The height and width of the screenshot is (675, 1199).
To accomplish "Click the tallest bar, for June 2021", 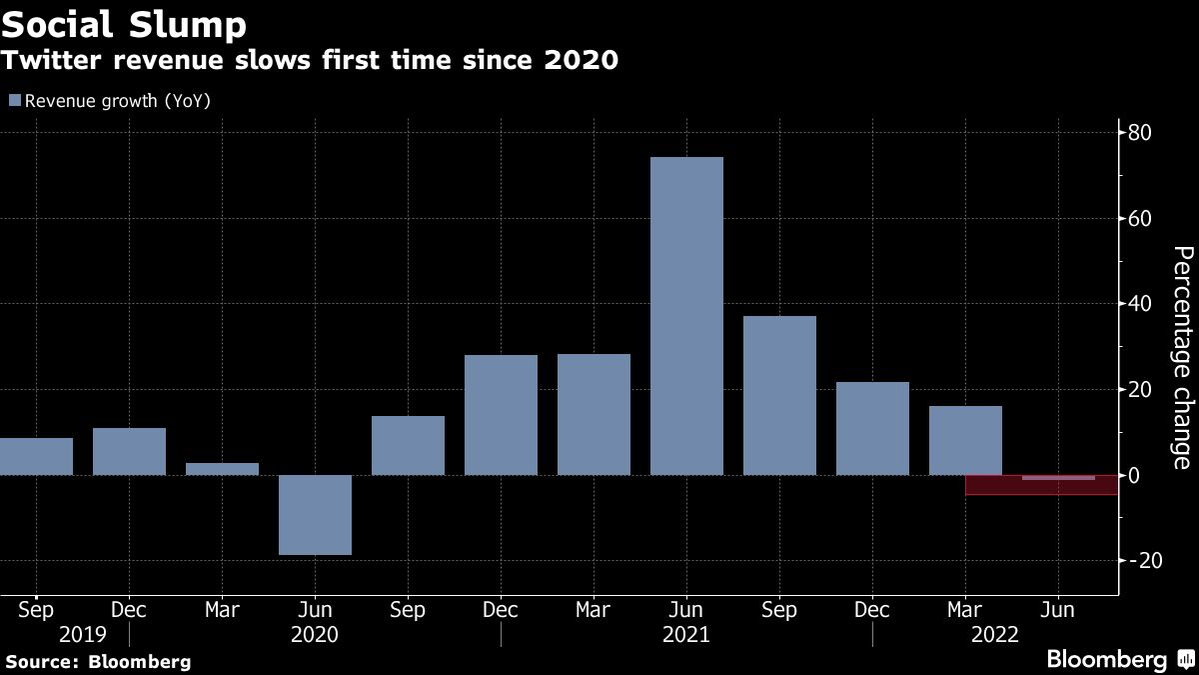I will click(x=685, y=316).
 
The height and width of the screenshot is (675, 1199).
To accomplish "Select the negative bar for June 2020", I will click(x=315, y=514).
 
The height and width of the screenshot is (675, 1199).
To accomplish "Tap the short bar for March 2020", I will click(x=222, y=469).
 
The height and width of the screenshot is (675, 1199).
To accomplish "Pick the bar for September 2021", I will click(x=778, y=395).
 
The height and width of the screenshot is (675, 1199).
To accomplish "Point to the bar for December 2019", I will click(x=129, y=451).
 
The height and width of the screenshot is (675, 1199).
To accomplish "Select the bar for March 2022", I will click(x=964, y=440).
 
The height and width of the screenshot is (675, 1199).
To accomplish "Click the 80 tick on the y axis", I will click(x=1140, y=133).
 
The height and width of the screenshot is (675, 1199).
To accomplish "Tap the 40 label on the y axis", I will click(x=1140, y=304).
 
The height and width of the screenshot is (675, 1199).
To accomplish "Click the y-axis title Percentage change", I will click(x=1181, y=357).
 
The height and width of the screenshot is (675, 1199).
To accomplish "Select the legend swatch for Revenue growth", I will click(x=14, y=100).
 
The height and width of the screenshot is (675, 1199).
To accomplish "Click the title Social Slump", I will click(x=124, y=23).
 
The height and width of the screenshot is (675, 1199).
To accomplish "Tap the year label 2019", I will click(x=82, y=634).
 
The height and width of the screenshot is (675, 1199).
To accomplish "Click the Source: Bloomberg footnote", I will click(x=98, y=661).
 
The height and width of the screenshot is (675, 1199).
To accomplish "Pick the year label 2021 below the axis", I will click(x=685, y=634).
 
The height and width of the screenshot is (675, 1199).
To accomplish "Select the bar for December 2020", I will click(x=501, y=415).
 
